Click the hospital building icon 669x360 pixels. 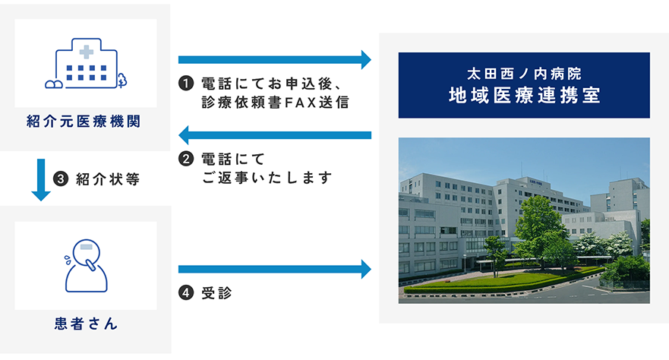tap(86, 63)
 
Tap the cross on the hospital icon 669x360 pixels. tap(86, 52)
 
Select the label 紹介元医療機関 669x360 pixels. tap(84, 122)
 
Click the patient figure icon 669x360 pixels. tap(86, 266)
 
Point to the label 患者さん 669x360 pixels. tap(86, 324)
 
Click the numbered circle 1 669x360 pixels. tap(186, 84)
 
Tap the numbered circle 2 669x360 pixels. tap(186, 159)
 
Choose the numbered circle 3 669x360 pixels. tap(61, 178)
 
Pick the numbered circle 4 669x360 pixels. tap(186, 293)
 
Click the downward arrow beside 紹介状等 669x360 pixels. tap(41, 179)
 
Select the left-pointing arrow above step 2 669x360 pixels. tap(275, 135)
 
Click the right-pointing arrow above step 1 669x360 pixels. tap(275, 60)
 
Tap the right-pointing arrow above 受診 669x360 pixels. tap(275, 269)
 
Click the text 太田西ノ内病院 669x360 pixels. tap(524, 74)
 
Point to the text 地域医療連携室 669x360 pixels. tap(524, 95)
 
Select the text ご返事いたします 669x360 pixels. tap(267, 178)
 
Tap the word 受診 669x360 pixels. tap(216, 293)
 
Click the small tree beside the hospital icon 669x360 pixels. tap(122, 81)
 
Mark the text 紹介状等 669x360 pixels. tap(108, 179)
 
